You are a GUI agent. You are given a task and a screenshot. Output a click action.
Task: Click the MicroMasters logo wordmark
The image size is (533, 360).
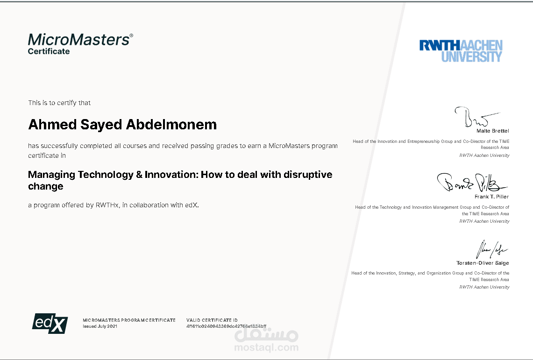click(80, 40)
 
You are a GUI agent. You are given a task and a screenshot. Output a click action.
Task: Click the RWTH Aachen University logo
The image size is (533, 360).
click(461, 51)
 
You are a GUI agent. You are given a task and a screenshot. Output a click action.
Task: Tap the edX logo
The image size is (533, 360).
click(50, 323)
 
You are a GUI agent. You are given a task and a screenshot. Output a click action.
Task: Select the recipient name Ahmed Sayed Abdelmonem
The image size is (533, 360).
click(122, 125)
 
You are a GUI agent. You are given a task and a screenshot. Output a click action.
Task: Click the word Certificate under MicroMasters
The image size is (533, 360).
click(49, 51)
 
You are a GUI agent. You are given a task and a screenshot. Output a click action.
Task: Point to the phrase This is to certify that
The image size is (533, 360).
click(59, 103)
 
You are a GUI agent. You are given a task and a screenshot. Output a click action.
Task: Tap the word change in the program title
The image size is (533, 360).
click(46, 186)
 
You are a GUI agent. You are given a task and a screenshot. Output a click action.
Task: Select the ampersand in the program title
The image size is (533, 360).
click(139, 175)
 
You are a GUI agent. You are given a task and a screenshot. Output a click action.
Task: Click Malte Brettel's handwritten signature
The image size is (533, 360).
click(476, 117)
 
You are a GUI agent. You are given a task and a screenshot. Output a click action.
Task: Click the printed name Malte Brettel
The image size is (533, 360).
click(492, 131)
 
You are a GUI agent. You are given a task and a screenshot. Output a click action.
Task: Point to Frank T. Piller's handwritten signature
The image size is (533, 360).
click(472, 183)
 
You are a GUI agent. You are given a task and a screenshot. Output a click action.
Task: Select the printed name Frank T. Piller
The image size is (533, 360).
click(491, 197)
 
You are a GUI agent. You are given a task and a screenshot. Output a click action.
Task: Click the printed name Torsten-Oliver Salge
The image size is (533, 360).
click(483, 263)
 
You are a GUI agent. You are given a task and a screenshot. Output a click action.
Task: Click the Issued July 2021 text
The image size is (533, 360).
click(100, 326)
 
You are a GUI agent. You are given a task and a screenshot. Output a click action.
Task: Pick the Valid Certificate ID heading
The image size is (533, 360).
click(212, 320)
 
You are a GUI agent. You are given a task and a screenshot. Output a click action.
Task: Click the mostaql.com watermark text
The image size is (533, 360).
click(266, 347)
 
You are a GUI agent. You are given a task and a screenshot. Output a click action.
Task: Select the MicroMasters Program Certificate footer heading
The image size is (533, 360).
click(129, 320)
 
